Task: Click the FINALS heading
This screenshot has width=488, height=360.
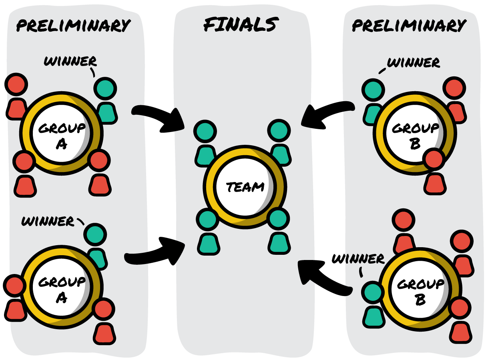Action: click(240, 25)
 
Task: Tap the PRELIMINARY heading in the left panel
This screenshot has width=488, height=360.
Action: click(73, 26)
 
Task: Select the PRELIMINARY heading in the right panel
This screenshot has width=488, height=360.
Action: click(409, 26)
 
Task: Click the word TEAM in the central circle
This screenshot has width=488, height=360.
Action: click(245, 187)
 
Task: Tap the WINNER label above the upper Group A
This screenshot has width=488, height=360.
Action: click(70, 62)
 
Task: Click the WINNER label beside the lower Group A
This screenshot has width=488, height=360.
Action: click(48, 221)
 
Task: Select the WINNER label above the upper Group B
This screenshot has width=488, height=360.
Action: click(414, 63)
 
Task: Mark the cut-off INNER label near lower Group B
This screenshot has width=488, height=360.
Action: click(365, 259)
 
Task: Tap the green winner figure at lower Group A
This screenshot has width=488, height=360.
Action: click(96, 244)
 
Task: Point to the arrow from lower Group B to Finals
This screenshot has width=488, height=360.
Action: click(324, 276)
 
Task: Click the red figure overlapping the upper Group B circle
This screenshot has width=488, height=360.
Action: click(435, 172)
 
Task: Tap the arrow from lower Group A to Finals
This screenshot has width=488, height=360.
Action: click(156, 256)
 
